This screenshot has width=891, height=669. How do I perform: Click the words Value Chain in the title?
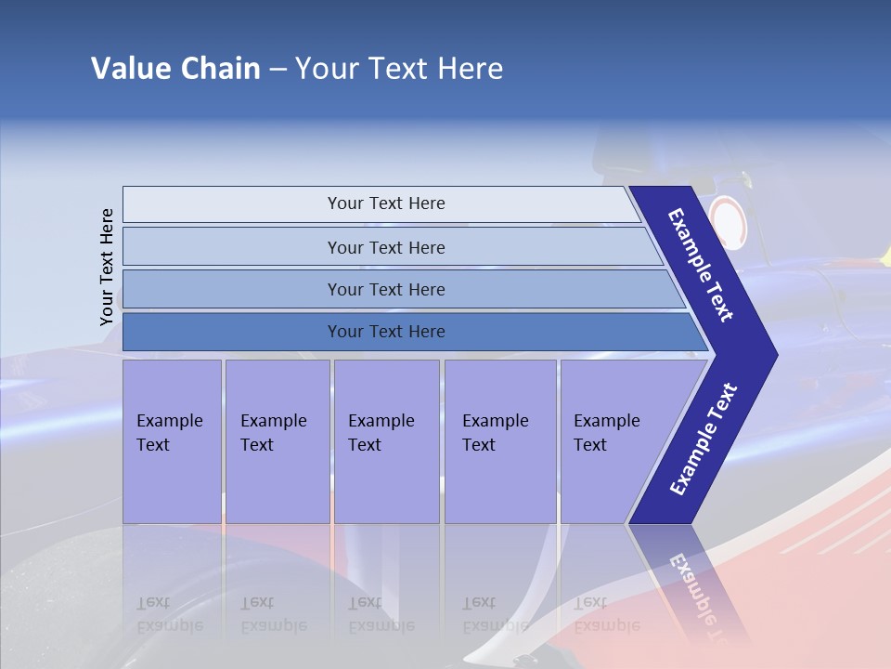(x=175, y=69)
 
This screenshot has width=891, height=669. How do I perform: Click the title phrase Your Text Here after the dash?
(x=399, y=69)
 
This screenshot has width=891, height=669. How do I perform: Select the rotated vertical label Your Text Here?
(x=107, y=268)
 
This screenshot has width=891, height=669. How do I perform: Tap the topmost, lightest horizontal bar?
(x=385, y=203)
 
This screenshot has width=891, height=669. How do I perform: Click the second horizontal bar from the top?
(x=385, y=247)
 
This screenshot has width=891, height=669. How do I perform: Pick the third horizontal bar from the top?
(x=385, y=289)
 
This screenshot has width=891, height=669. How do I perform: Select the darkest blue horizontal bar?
(x=385, y=331)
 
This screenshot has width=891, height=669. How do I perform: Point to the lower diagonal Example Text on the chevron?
(x=703, y=439)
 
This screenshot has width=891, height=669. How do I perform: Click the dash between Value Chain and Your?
(x=278, y=70)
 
